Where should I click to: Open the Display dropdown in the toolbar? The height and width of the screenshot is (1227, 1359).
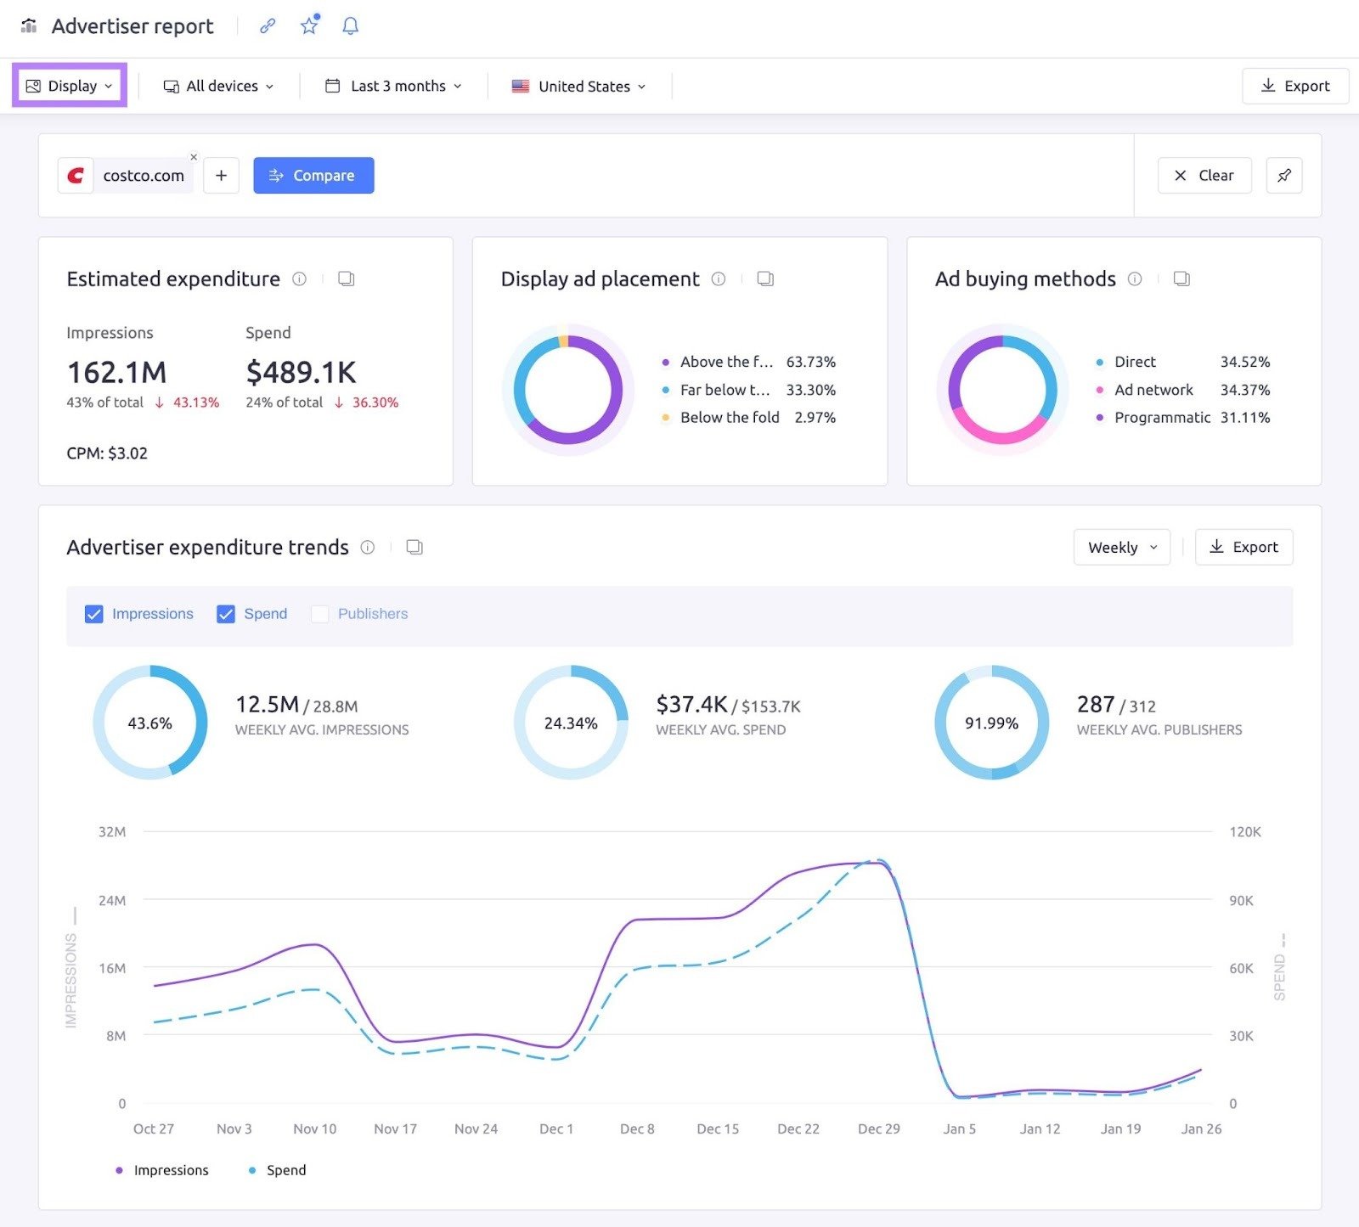click(70, 86)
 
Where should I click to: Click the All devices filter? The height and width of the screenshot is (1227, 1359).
click(219, 86)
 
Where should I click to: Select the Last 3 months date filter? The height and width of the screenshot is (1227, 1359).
click(394, 86)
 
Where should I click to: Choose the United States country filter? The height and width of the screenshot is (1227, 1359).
click(579, 86)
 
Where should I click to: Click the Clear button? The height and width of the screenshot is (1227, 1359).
click(1204, 175)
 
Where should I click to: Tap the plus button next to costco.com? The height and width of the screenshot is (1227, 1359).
click(221, 175)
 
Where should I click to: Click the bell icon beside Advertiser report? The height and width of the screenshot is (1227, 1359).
click(350, 26)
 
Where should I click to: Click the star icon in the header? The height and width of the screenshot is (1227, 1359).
click(309, 26)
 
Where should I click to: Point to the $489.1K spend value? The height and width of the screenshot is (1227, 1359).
click(301, 372)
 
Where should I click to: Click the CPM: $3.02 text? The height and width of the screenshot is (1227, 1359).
click(107, 453)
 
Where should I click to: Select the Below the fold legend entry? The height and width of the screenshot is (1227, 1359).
click(729, 417)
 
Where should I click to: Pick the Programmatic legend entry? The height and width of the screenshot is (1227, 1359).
click(1161, 417)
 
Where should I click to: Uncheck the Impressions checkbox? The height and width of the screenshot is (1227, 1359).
click(94, 614)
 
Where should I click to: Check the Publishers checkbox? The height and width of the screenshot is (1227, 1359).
click(320, 614)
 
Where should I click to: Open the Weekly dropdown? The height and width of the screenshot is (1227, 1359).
click(1121, 547)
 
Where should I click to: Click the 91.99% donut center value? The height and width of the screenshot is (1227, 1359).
click(991, 723)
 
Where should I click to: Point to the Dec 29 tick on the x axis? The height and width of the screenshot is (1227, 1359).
click(878, 1129)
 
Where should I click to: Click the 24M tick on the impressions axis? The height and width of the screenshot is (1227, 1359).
click(112, 900)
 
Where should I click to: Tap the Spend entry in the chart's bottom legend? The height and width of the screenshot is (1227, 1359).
click(285, 1170)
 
